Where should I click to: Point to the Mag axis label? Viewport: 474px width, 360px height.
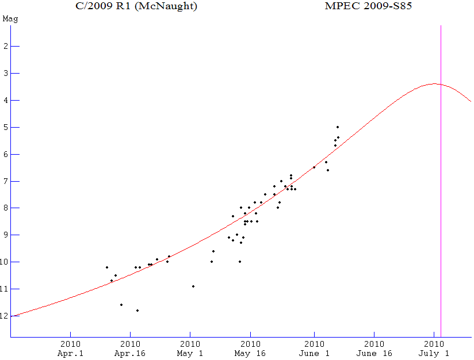click(10, 19)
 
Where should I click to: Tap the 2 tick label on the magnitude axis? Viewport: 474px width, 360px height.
click(5, 47)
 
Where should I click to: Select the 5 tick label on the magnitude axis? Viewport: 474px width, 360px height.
click(5, 128)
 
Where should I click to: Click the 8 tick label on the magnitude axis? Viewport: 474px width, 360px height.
click(5, 208)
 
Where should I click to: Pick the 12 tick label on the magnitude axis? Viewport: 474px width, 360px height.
click(5, 316)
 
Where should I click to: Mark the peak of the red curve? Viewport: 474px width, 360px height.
click(434, 84)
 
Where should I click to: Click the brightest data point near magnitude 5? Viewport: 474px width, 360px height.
click(338, 127)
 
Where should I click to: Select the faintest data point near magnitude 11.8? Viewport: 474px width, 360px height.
click(137, 311)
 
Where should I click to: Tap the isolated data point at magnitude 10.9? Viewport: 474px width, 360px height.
click(193, 286)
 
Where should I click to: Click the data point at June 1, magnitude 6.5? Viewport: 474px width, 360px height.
click(314, 167)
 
